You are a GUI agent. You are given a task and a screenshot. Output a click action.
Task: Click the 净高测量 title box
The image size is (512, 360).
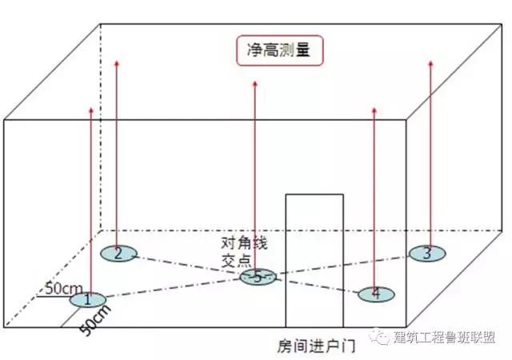280,50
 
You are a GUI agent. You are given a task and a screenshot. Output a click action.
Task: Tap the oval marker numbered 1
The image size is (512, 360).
87,300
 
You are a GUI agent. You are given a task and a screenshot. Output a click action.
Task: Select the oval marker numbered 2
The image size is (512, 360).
118,254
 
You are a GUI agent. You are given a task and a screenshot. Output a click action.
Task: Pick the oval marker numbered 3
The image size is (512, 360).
427,254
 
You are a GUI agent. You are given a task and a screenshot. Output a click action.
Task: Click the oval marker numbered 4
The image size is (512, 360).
376,294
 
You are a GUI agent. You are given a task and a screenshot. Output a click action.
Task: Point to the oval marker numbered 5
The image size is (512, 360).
258,278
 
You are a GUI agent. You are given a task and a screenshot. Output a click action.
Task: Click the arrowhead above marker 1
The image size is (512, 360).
91,110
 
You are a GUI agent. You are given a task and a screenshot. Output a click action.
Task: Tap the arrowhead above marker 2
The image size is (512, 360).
117,63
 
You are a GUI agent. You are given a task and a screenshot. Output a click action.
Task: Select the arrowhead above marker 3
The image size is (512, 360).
430,63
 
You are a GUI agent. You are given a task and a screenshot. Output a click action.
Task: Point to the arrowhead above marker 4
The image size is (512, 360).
374,110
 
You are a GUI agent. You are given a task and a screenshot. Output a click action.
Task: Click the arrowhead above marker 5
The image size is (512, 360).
255,84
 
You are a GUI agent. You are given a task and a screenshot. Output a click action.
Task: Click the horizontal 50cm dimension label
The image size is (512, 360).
64,289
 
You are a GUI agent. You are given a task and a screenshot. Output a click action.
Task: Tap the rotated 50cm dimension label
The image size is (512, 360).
95,320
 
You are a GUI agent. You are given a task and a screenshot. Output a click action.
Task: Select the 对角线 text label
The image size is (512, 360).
244,243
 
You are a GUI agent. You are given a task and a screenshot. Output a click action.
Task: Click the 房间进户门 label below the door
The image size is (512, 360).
316,346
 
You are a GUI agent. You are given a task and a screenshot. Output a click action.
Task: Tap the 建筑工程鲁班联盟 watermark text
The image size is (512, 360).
445,338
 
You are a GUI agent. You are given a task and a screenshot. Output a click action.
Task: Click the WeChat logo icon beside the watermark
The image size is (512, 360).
380,337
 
